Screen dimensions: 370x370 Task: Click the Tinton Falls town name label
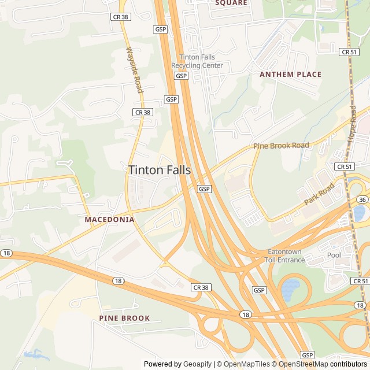tap(159, 169)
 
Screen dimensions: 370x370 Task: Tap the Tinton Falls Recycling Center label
tap(197, 61)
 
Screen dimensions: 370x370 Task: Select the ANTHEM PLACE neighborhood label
tap(290, 74)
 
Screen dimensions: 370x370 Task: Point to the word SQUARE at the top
tap(231, 3)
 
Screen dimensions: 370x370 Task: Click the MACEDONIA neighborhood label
tap(109, 220)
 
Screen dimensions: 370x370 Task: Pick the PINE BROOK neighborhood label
tap(124, 318)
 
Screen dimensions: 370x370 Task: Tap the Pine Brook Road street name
tap(281, 146)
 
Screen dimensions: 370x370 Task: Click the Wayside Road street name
tap(134, 70)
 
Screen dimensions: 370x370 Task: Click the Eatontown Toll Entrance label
tap(286, 256)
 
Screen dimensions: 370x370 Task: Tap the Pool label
tap(334, 255)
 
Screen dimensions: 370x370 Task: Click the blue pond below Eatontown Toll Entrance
tap(291, 285)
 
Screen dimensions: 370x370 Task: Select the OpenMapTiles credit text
tap(247, 364)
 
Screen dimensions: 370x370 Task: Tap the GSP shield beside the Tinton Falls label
tap(204, 189)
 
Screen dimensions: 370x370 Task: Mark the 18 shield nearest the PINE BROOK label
tap(118, 281)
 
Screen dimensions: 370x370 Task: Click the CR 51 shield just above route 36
tap(343, 166)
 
